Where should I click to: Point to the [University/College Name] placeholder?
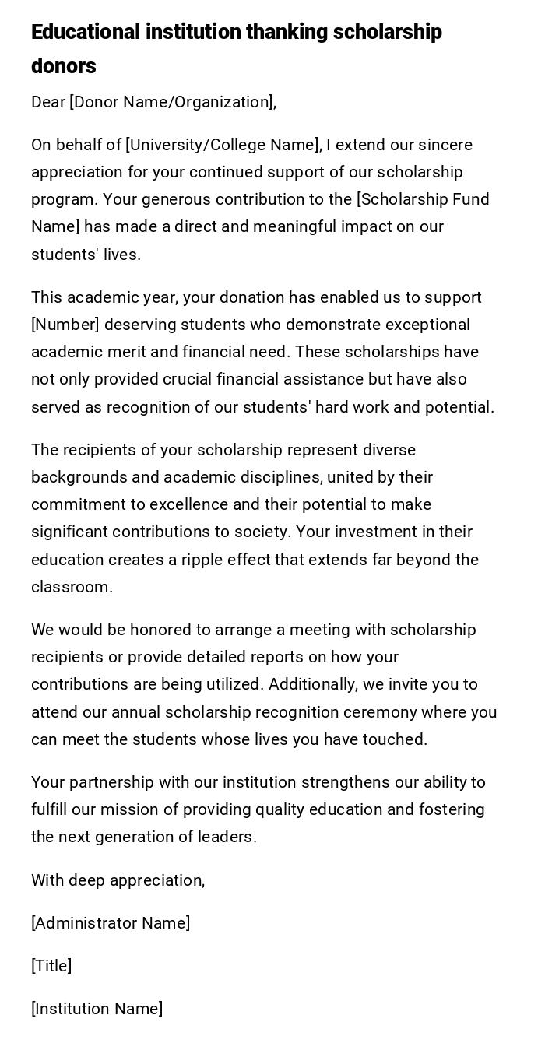coord(223,145)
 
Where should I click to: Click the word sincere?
coord(445,145)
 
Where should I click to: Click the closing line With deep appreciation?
coord(118,880)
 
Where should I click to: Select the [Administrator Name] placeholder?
coord(111,923)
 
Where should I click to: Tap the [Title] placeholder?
coord(51,966)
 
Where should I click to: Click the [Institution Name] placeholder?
coord(97,1009)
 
